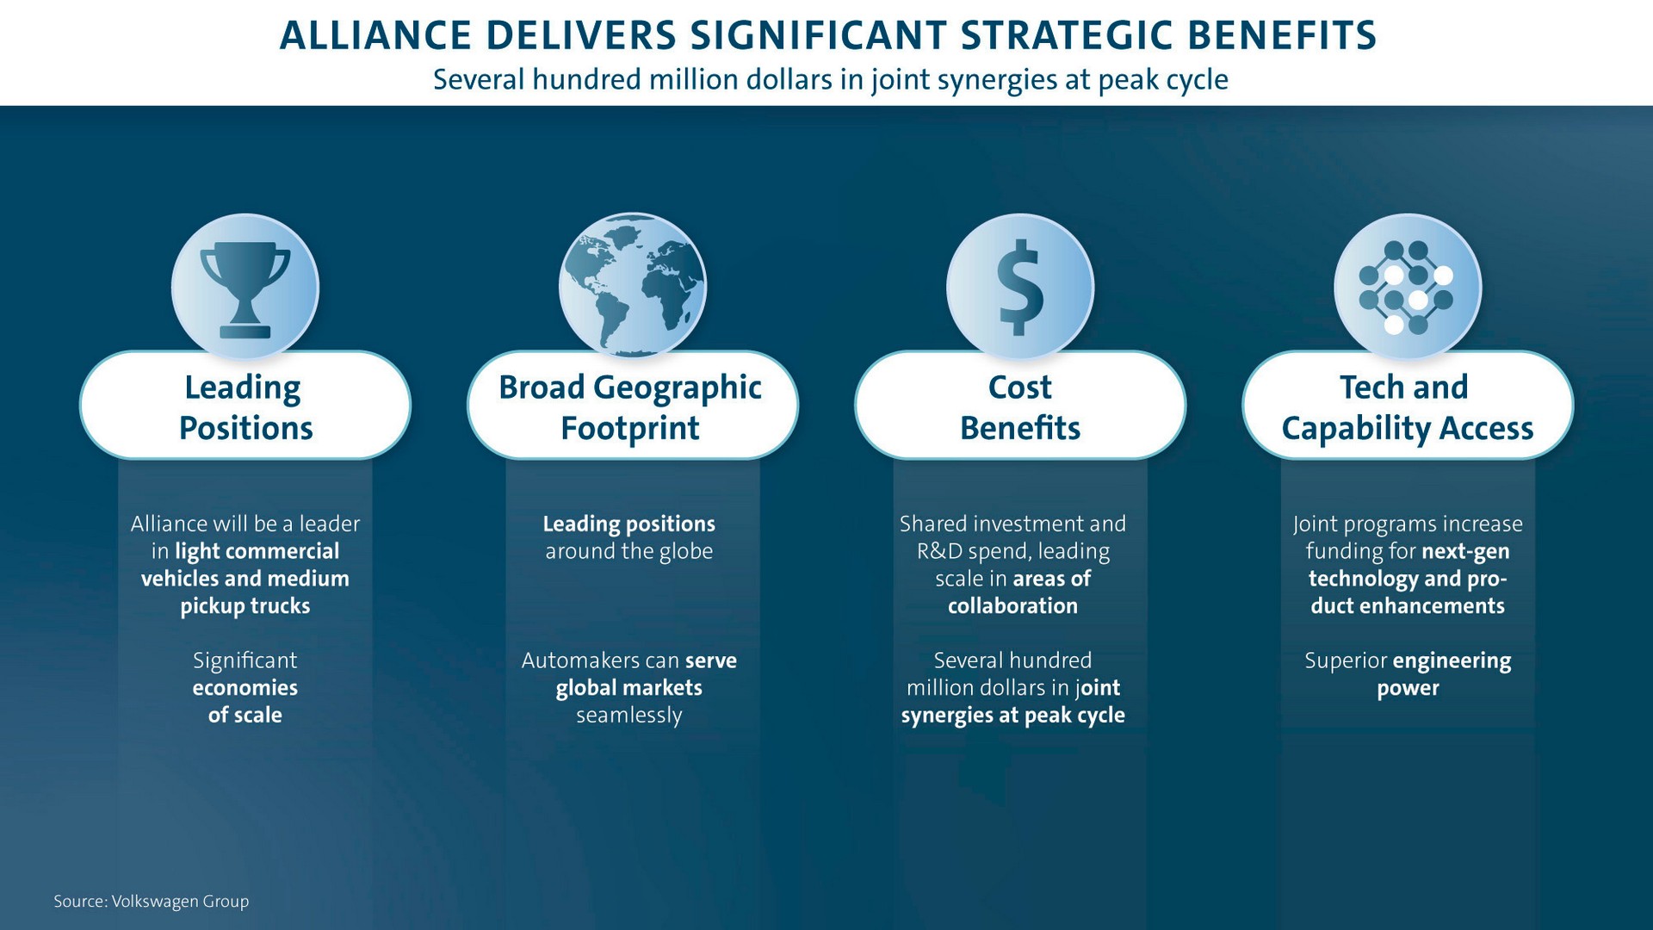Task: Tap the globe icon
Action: pyautogui.click(x=632, y=286)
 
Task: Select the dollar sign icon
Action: pyautogui.click(x=1020, y=288)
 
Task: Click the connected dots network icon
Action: pyautogui.click(x=1407, y=288)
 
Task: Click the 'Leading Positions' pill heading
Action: pyautogui.click(x=245, y=406)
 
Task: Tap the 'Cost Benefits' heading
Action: pyautogui.click(x=1020, y=406)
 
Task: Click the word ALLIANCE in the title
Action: pyautogui.click(x=375, y=35)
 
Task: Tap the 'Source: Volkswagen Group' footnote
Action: pyautogui.click(x=152, y=902)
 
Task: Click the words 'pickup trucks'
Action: pyautogui.click(x=245, y=606)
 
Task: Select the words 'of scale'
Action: pyautogui.click(x=245, y=715)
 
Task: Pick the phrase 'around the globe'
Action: pyautogui.click(x=629, y=551)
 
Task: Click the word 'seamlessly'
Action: pyautogui.click(x=629, y=716)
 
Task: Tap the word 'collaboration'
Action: pyautogui.click(x=1012, y=606)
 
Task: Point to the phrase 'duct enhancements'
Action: pyautogui.click(x=1408, y=606)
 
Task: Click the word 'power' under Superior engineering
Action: pyautogui.click(x=1408, y=689)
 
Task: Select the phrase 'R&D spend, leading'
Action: pyautogui.click(x=1013, y=551)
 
